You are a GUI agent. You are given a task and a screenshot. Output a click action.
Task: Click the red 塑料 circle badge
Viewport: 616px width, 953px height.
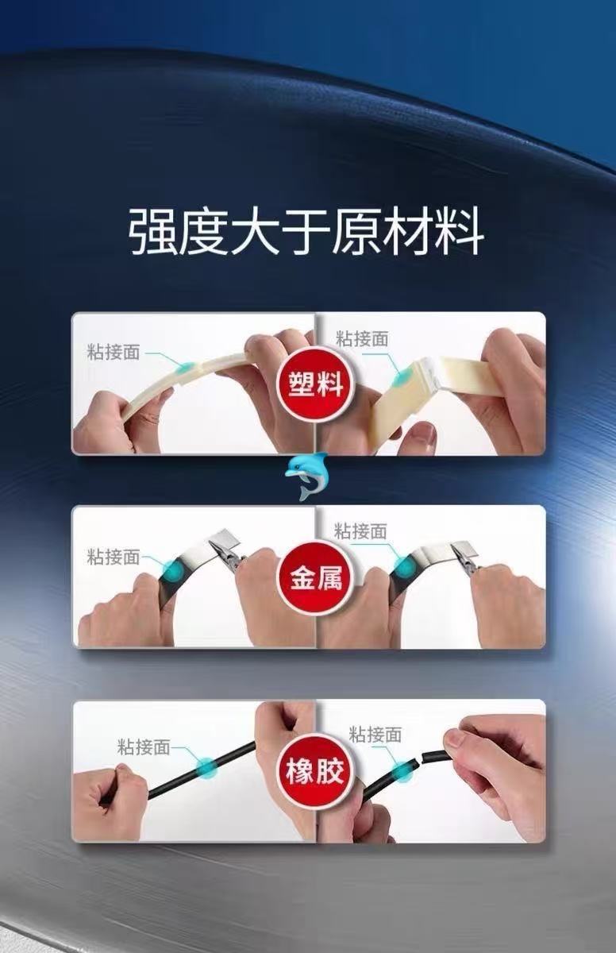315,384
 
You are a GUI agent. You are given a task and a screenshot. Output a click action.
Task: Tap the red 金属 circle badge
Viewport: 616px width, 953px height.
315,578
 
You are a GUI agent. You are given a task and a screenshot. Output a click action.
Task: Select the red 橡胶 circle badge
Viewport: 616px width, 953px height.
315,771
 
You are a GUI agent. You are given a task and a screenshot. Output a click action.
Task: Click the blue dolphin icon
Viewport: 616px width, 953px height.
306,476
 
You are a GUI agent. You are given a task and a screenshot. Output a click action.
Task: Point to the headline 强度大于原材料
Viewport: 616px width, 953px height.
307,231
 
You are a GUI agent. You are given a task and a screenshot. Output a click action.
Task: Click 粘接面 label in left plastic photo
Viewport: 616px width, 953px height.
113,352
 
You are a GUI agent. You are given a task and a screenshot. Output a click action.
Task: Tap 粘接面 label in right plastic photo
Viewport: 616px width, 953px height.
362,338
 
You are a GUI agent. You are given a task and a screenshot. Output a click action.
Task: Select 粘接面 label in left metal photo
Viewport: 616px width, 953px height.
113,557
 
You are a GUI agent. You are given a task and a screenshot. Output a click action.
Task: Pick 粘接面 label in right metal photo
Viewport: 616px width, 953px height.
360,531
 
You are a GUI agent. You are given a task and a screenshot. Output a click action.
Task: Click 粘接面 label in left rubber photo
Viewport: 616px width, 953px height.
144,747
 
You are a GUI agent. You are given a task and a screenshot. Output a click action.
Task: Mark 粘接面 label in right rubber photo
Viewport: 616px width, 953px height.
375,735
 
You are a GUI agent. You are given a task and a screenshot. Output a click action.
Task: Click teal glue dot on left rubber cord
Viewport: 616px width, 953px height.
206,766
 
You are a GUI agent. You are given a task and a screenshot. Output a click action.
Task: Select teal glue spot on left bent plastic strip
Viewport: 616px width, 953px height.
187,366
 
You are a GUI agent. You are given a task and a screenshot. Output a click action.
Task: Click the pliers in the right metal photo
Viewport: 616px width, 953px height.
465,561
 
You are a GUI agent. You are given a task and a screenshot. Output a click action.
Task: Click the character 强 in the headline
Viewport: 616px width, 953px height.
152,231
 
